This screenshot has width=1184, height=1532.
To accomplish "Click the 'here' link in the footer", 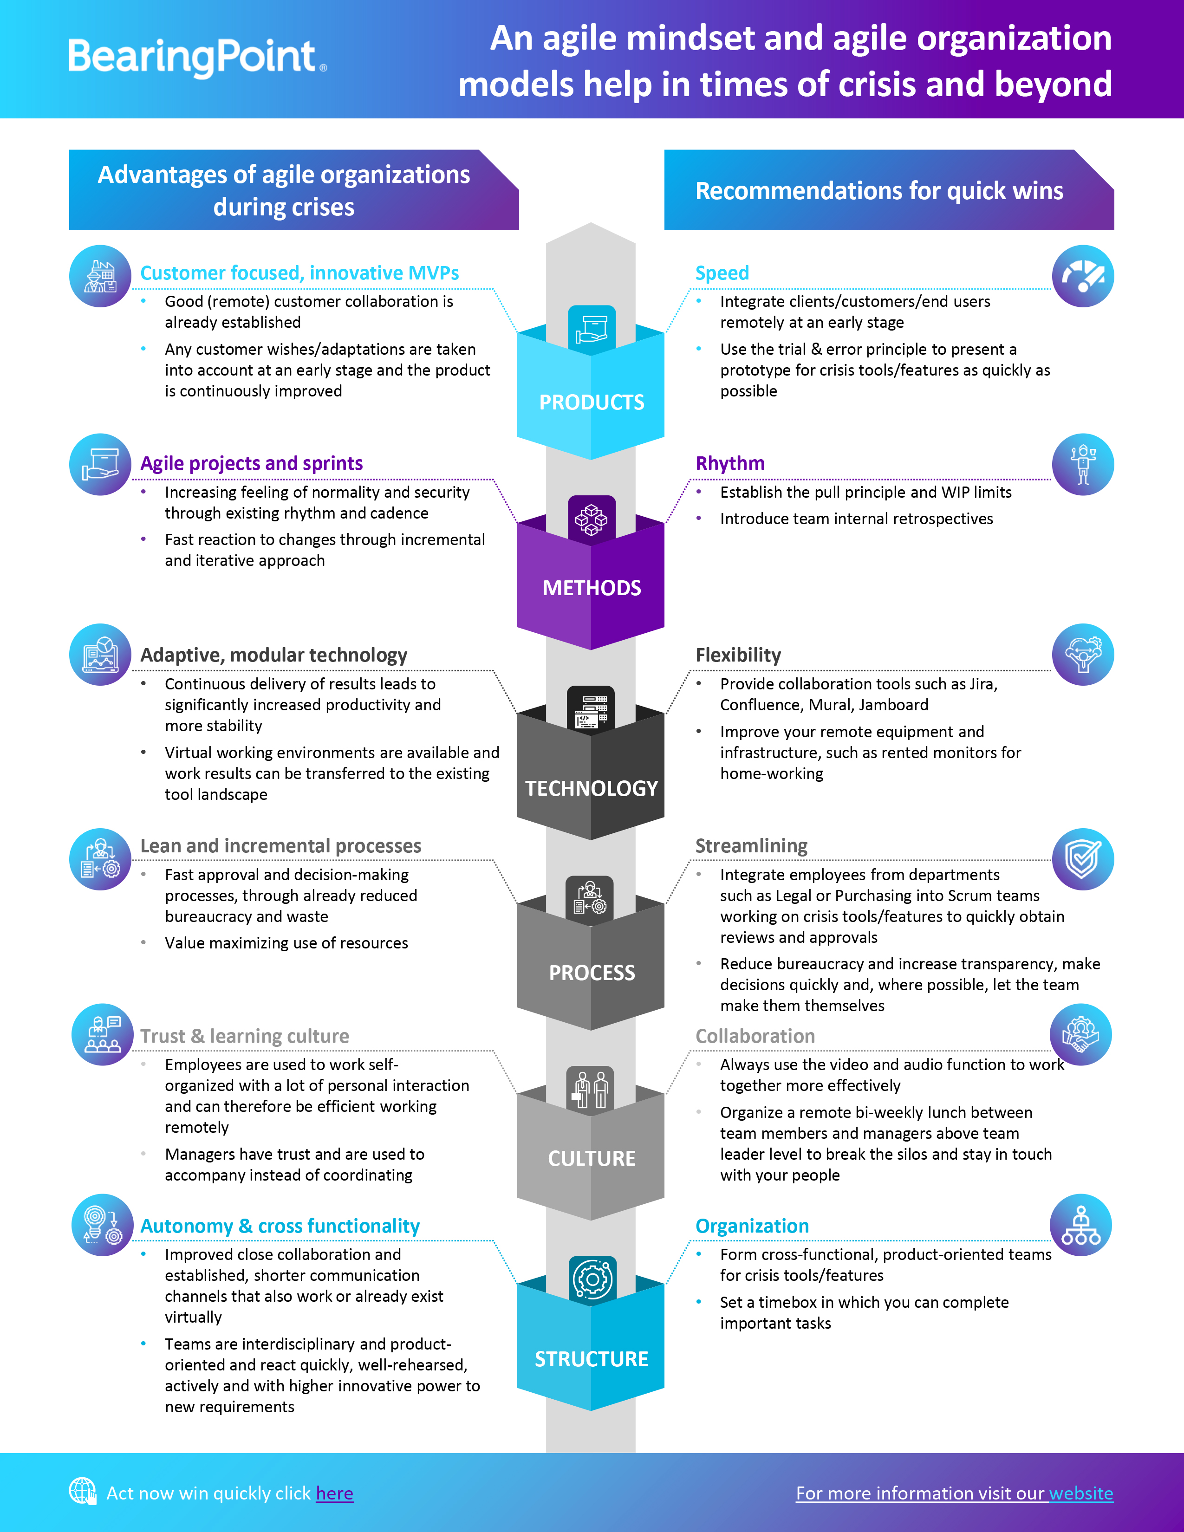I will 335,1493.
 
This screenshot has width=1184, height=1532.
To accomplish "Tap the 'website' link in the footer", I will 1081,1493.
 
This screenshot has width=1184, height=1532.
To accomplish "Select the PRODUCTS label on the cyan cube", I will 591,402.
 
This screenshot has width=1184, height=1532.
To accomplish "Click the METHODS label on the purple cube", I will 591,588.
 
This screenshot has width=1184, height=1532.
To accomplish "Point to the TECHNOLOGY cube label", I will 591,788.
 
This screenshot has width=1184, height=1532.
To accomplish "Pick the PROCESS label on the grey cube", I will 591,973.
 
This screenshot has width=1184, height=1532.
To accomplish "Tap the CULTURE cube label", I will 591,1158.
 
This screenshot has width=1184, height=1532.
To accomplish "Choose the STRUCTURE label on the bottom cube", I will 591,1359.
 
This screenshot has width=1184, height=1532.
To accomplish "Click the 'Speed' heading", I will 722,273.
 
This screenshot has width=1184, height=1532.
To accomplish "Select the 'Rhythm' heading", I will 729,464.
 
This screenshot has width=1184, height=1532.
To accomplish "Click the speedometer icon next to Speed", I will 1082,276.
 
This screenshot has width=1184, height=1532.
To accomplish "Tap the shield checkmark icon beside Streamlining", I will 1082,859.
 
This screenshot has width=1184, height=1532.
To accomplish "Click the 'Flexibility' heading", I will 738,655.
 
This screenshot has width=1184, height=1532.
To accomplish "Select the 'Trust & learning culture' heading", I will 244,1036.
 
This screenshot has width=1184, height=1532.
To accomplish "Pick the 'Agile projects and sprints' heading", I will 251,464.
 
